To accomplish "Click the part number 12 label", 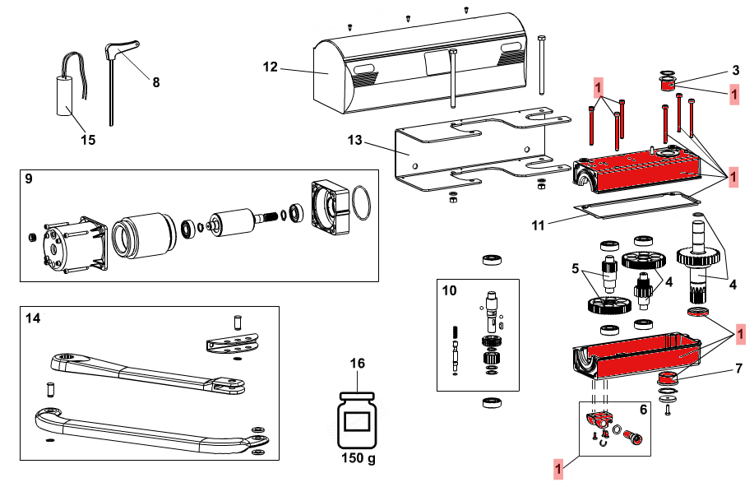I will click(271, 67).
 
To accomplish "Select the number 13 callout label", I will click(354, 141).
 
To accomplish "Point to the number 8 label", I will click(155, 81).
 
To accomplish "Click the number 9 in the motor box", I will click(30, 179).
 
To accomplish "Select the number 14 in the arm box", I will click(33, 318).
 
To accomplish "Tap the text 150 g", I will click(358, 457).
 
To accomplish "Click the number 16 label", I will click(358, 364).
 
